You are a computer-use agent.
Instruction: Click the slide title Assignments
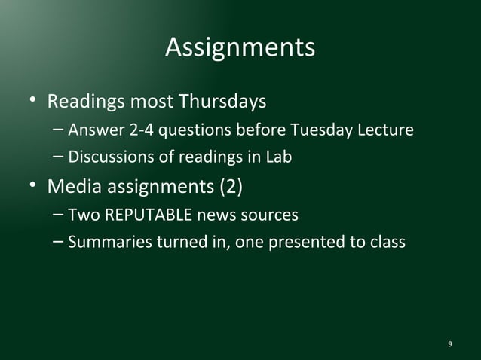240,47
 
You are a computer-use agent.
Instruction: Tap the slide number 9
450,344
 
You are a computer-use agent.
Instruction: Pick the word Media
74,185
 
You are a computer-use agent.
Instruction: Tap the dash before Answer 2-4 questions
59,130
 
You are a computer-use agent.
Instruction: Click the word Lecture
384,130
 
